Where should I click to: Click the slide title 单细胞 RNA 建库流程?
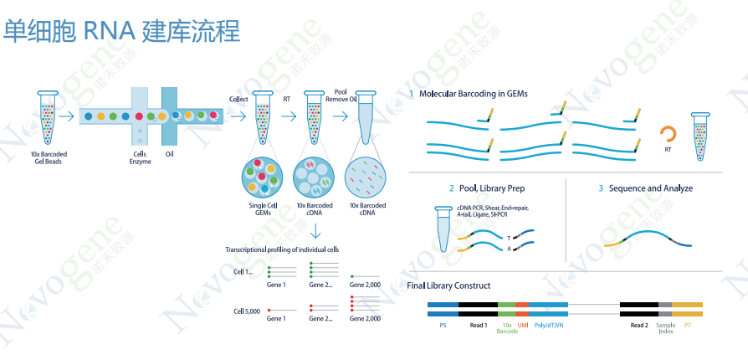click(121, 32)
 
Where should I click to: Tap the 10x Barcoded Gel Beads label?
click(49, 158)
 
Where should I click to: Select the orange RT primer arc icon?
click(669, 132)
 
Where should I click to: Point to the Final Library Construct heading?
click(448, 285)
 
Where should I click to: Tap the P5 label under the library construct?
click(443, 325)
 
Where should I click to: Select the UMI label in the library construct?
click(522, 325)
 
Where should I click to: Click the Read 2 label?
click(639, 325)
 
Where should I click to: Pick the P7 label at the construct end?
click(687, 325)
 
